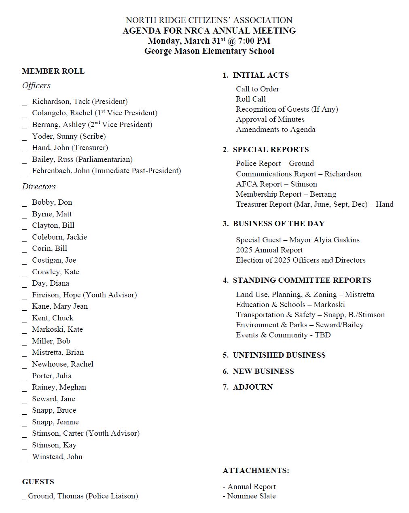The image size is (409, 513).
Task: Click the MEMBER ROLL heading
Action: [53, 71]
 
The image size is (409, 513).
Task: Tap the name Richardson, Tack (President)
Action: [80, 102]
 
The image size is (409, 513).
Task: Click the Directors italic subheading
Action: [39, 187]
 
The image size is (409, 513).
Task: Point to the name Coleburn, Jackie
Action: [59, 237]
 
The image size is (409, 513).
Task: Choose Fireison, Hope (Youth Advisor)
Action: [84, 295]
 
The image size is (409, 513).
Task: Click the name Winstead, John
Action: [57, 457]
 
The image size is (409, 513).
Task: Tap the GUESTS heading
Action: [38, 482]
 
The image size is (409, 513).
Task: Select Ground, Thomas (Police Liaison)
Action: [83, 496]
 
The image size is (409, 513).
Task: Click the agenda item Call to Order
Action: [257, 89]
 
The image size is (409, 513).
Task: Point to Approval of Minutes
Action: [270, 119]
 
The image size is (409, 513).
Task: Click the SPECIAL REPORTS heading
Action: [271, 150]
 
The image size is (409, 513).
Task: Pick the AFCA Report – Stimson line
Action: [276, 184]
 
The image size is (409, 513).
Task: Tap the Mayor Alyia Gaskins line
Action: [297, 240]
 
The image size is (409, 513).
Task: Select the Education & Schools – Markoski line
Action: [290, 305]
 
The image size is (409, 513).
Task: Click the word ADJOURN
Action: [252, 387]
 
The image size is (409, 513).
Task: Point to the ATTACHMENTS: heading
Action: [256, 471]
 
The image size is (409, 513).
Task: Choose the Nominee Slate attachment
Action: [251, 496]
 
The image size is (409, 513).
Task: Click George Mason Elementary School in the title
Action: [209, 51]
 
